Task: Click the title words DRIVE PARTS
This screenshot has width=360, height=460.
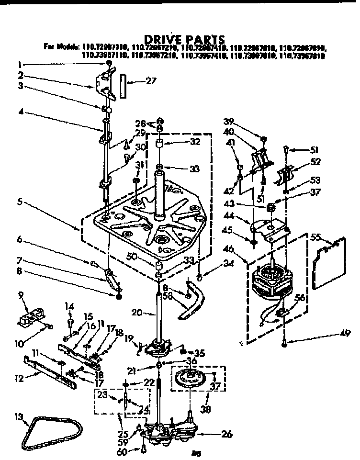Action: [x=184, y=39]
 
